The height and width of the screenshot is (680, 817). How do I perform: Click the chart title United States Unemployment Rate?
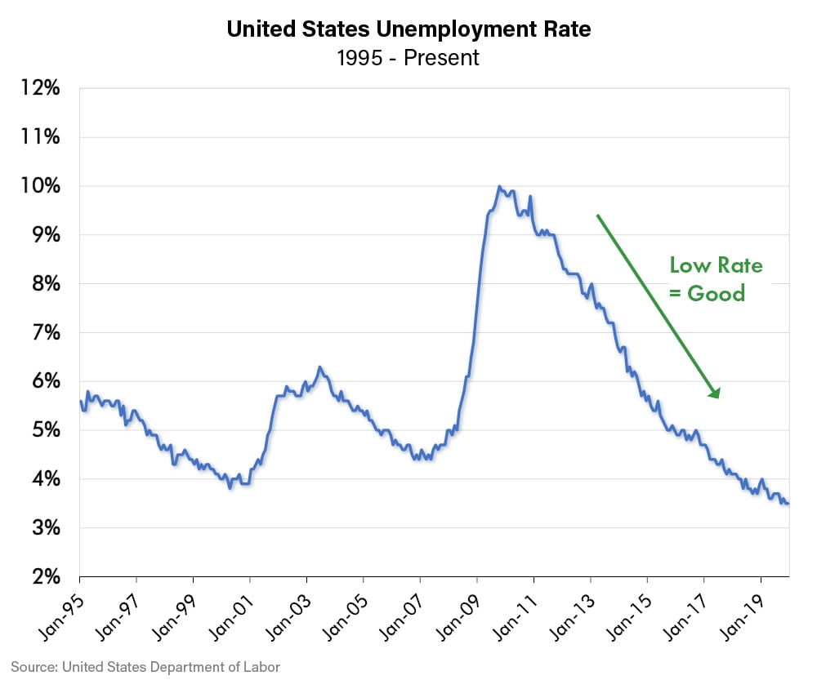[408, 29]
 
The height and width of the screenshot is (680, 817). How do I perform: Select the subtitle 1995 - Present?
[408, 58]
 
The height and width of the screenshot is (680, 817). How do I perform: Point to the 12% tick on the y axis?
[39, 87]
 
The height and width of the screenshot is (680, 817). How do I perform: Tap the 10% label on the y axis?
[39, 185]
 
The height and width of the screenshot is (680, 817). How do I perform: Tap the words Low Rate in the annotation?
[716, 265]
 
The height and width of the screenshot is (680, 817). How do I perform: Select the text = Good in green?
[708, 293]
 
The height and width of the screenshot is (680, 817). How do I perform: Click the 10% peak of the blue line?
[499, 187]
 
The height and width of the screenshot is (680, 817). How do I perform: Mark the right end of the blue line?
[788, 504]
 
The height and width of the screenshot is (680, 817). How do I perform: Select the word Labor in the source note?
[262, 667]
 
